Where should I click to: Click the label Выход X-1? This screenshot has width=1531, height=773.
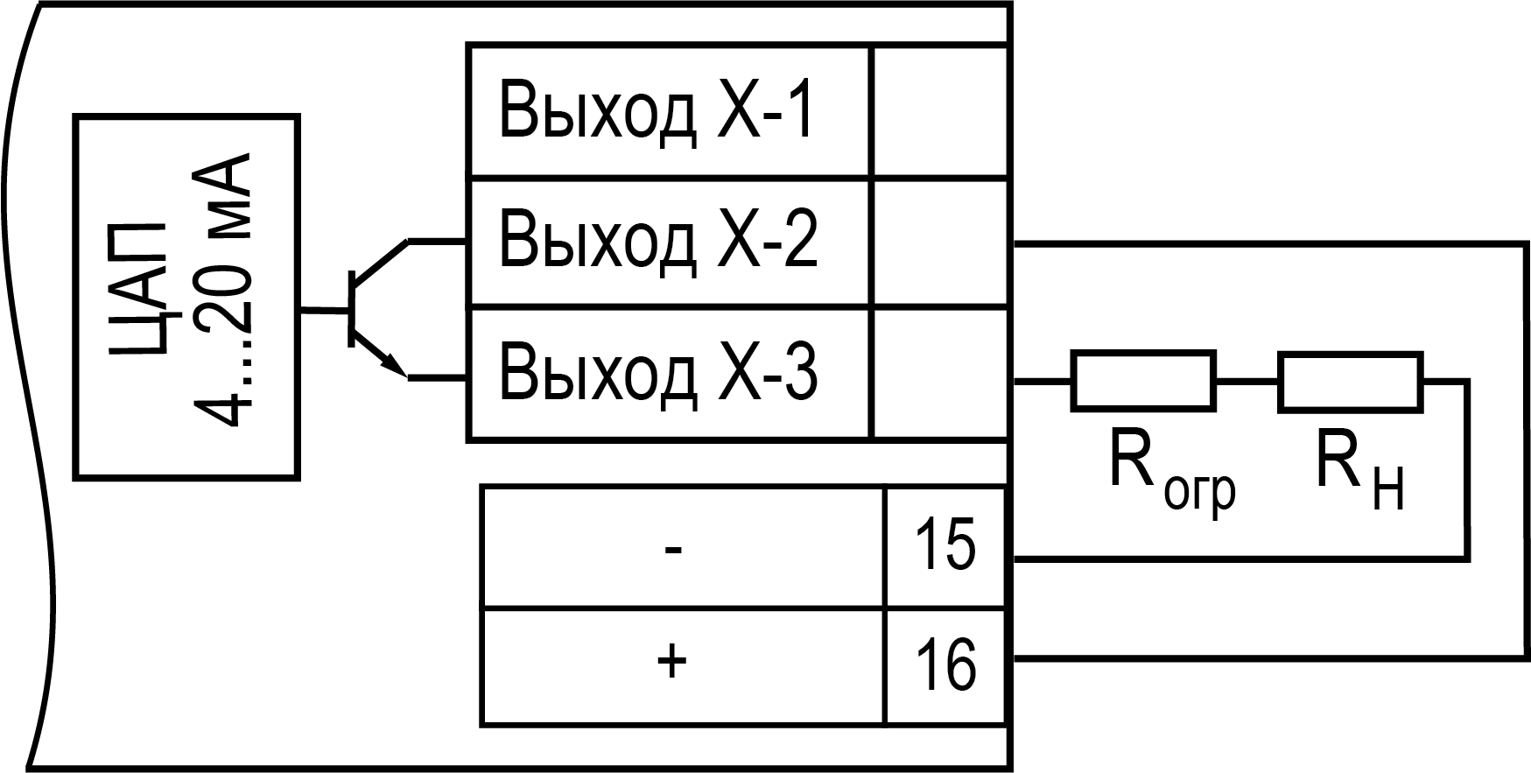coord(657,112)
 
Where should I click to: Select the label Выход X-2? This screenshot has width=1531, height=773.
coord(658,240)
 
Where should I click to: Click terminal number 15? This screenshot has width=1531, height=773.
coord(945,545)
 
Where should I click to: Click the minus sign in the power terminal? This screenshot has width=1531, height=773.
coord(672,550)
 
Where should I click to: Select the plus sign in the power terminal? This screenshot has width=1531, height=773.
coord(671,663)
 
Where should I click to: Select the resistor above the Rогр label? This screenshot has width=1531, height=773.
coord(1143,381)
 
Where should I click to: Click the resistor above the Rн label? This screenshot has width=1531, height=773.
coord(1350,381)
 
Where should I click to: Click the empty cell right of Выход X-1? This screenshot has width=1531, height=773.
coord(938,111)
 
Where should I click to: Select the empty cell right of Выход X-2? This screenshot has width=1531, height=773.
coord(940,242)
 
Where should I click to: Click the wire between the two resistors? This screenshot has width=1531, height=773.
coord(1247,382)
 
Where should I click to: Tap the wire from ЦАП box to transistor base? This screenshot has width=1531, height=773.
coord(323,310)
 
